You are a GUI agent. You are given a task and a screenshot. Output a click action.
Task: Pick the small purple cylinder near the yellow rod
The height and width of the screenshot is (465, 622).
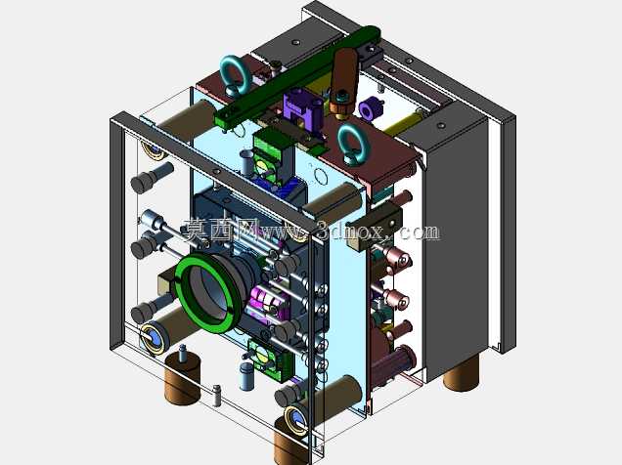pyautogui.click(x=370, y=107)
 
